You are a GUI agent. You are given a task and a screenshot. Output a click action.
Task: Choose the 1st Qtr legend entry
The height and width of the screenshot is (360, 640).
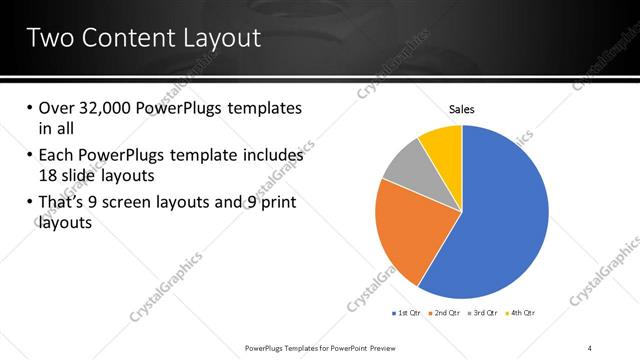[x=405, y=313]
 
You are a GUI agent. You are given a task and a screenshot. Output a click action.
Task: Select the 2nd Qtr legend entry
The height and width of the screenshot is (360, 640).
[x=443, y=313]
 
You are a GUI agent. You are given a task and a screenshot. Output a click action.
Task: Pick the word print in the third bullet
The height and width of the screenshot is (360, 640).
[x=279, y=203]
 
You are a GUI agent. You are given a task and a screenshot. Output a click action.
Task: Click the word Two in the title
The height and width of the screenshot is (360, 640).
[x=47, y=38]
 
